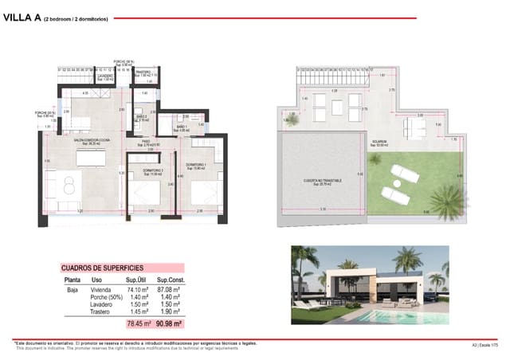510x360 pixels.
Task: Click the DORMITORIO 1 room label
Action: point(196,165)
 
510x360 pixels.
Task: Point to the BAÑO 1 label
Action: point(182,127)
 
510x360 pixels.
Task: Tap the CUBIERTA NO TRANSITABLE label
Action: point(322,182)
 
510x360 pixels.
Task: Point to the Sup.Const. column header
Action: point(171,281)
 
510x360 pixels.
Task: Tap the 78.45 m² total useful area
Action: point(138,324)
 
